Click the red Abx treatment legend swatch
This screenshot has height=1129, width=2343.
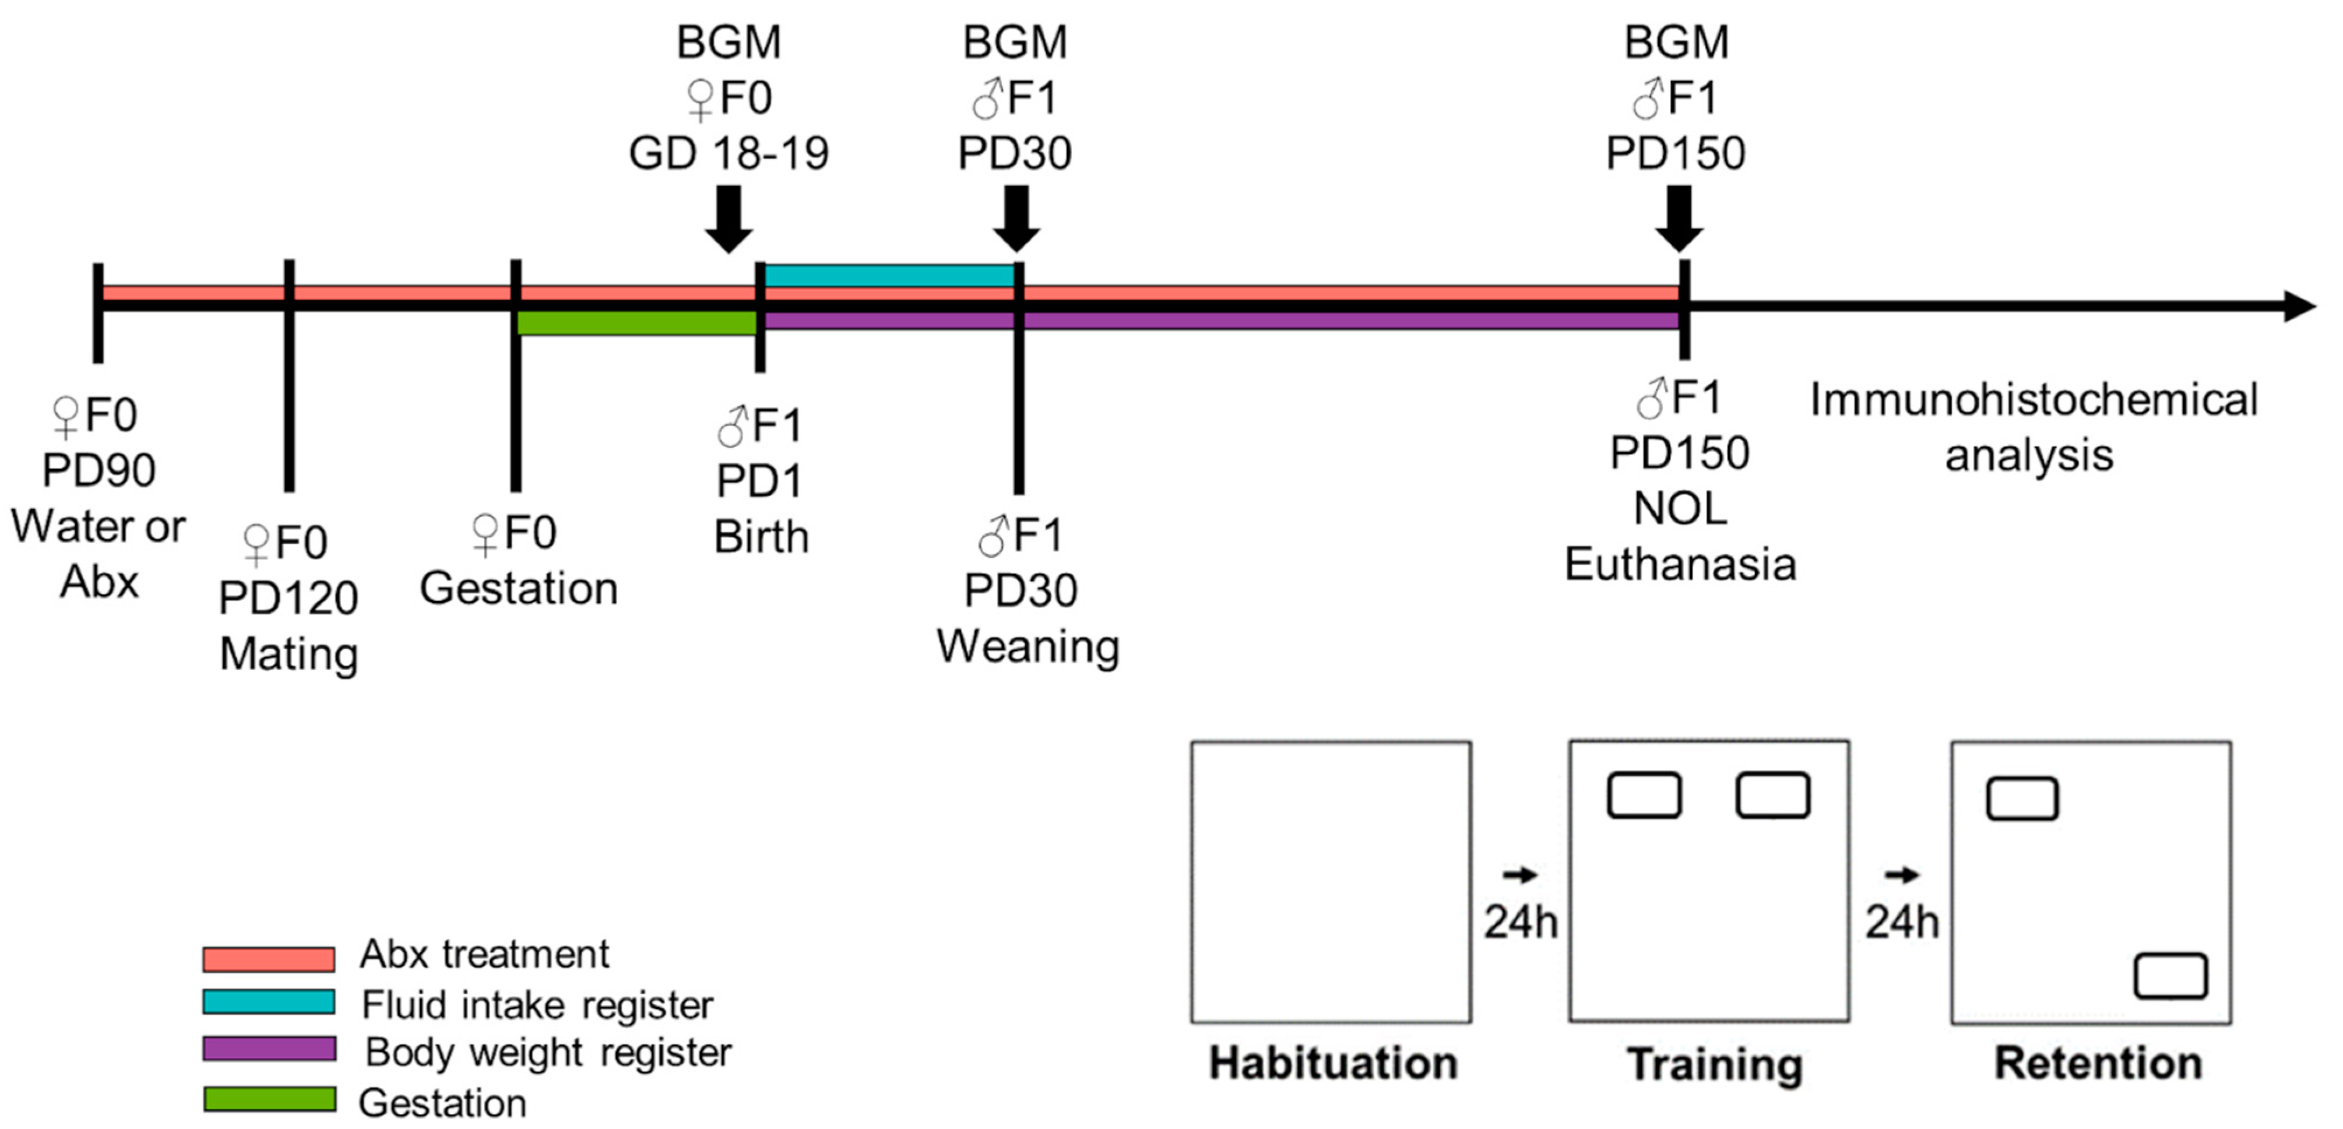click(x=268, y=959)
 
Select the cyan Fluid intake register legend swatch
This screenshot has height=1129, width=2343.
click(x=268, y=1001)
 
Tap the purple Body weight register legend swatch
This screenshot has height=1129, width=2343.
click(x=268, y=1049)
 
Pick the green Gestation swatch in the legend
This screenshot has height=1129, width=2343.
click(x=268, y=1099)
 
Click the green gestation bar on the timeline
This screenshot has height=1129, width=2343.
click(x=636, y=323)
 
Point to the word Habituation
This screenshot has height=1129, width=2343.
click(x=1332, y=1063)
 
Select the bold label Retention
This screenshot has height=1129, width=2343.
click(x=2098, y=1063)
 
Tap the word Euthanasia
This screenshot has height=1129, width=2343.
click(x=1680, y=564)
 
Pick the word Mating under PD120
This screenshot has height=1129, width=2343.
click(x=289, y=654)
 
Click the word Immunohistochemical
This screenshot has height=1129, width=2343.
click(x=2034, y=400)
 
